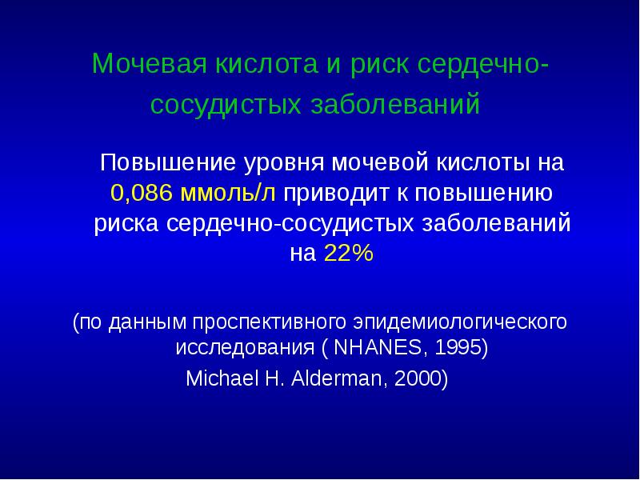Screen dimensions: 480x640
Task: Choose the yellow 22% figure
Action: pyautogui.click(x=348, y=254)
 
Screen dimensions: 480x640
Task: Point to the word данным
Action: pyautogui.click(x=146, y=322)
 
